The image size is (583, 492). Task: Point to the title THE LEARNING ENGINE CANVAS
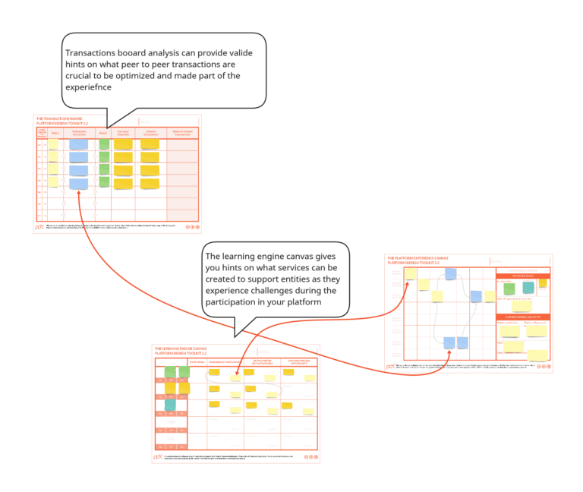pyautogui.click(x=184, y=348)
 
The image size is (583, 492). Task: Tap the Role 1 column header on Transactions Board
pyautogui.click(x=54, y=134)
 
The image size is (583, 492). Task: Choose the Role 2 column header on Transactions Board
pyautogui.click(x=103, y=134)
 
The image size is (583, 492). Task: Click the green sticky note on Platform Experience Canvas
pyautogui.click(x=507, y=289)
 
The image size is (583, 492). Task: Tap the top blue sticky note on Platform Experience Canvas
pyautogui.click(x=451, y=274)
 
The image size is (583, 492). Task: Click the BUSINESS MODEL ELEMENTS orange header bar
pyautogui.click(x=522, y=317)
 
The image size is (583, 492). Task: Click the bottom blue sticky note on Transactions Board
pyautogui.click(x=78, y=184)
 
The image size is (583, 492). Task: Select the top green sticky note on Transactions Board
pyautogui.click(x=104, y=143)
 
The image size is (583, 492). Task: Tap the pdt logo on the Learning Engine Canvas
pyautogui.click(x=157, y=457)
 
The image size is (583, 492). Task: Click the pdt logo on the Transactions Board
pyautogui.click(x=39, y=226)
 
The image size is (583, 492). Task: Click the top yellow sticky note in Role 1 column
pyautogui.click(x=53, y=144)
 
